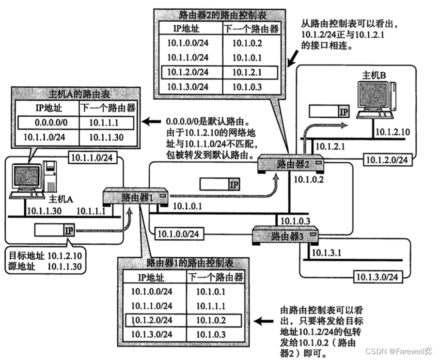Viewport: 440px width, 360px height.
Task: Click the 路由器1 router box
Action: (x=136, y=197)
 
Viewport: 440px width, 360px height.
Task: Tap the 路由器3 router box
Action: (x=285, y=236)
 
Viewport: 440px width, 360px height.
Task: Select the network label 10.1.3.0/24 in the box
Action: (x=378, y=277)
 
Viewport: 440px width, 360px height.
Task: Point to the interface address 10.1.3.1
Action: (x=326, y=252)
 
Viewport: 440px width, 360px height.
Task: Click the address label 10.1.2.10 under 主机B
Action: (x=393, y=132)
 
